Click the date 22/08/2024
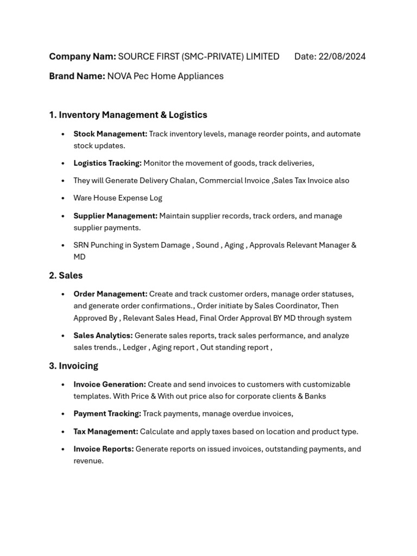tap(342, 56)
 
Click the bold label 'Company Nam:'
tap(83, 56)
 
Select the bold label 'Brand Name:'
tap(77, 76)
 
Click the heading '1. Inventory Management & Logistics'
tap(128, 115)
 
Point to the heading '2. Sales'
tap(66, 275)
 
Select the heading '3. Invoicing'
tap(74, 365)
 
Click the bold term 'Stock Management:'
tap(110, 134)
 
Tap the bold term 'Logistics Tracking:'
tap(108, 163)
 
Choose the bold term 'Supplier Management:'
tap(116, 216)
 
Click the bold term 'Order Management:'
tap(110, 294)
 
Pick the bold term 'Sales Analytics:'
tap(103, 336)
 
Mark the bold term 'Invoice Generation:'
tap(110, 384)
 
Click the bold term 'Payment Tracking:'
tap(108, 414)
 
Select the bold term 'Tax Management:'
tap(106, 432)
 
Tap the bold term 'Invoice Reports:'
tap(104, 449)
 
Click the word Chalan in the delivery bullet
tap(182, 180)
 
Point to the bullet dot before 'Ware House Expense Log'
tap(63, 198)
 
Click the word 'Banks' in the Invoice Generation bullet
tap(315, 396)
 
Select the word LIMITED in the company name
tap(261, 56)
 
